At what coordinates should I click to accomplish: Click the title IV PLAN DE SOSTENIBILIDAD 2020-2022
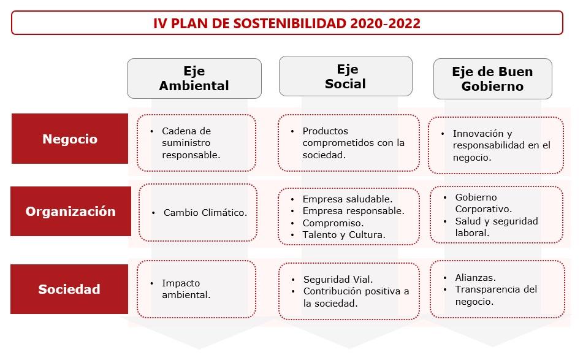click(287, 23)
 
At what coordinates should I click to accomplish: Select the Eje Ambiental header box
click(194, 79)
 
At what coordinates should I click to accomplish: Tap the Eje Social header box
click(345, 77)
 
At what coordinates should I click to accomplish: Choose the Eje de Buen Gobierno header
click(492, 79)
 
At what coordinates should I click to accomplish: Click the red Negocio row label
click(70, 139)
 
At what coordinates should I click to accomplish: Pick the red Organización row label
click(70, 212)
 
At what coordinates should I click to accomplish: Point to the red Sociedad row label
click(69, 289)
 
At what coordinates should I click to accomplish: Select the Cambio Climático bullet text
click(205, 213)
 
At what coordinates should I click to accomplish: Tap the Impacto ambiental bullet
click(186, 289)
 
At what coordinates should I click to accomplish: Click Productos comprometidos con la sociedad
click(353, 143)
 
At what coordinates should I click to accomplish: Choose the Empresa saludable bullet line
click(347, 199)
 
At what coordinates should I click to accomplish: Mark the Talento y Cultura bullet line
click(343, 235)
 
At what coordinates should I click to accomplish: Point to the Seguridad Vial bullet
click(338, 280)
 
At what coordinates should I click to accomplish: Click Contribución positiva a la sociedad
click(356, 297)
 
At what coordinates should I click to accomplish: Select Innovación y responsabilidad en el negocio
click(501, 145)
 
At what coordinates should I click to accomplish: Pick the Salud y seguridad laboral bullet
click(495, 227)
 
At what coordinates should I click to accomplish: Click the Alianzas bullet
click(475, 277)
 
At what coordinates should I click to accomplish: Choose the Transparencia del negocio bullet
click(495, 295)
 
